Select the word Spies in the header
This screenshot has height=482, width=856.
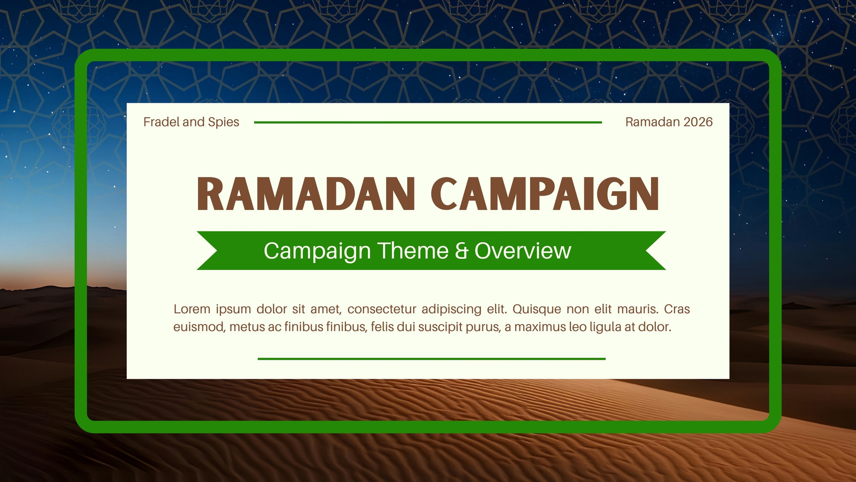click(x=224, y=123)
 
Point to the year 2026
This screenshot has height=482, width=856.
click(x=698, y=122)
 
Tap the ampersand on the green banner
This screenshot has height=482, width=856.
click(x=461, y=251)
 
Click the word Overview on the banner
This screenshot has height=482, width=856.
click(x=523, y=251)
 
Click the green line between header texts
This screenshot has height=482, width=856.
click(x=428, y=123)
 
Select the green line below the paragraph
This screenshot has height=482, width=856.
click(x=432, y=359)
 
